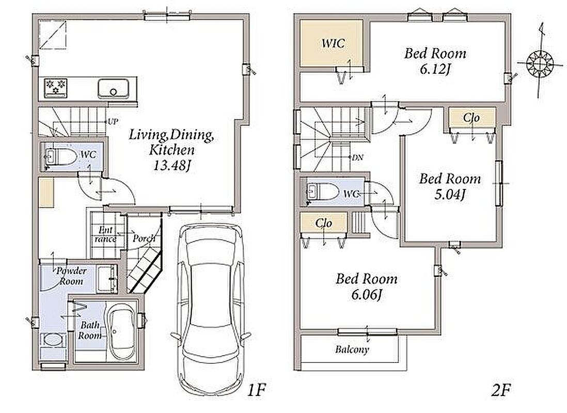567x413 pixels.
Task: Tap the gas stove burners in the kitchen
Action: coord(56,88)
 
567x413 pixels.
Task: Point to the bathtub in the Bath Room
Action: coord(122,331)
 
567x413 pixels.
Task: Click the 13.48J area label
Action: coord(172,166)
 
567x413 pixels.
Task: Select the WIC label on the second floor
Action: coord(333,43)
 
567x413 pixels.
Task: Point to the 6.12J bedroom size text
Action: coord(435,69)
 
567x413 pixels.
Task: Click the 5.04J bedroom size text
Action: coord(450,195)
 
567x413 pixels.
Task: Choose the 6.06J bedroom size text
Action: coord(367,295)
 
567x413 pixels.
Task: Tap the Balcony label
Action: coord(352,350)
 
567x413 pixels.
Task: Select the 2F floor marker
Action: coord(501,391)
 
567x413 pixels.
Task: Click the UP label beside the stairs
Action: coord(113,121)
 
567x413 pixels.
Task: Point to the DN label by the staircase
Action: coord(358,157)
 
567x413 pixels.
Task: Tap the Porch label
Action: coord(144,239)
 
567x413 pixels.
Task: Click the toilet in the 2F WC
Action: coord(323,191)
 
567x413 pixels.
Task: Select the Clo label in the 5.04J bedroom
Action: coord(471,118)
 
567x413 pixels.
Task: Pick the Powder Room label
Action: coord(71,276)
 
